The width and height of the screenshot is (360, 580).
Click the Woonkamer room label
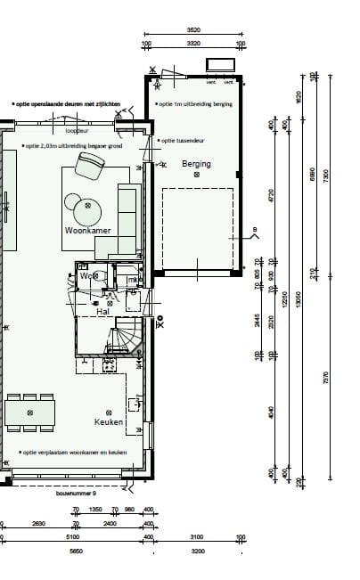pos(86,230)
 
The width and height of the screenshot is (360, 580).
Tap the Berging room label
pos(196,164)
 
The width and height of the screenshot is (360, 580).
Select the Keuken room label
pos(108,421)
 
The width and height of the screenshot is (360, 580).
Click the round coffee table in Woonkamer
pos(87,210)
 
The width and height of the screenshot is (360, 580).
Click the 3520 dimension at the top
pos(194,32)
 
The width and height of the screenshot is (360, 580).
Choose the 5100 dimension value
pos(73,536)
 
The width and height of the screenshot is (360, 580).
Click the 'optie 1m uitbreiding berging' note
pos(195,103)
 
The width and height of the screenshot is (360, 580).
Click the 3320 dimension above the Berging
pos(194,43)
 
